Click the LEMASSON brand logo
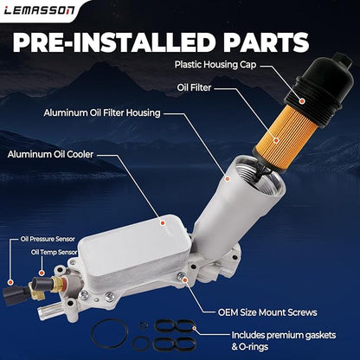(x=39, y=10)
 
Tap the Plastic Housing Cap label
(x=215, y=64)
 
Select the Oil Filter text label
(x=194, y=87)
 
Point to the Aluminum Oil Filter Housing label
(x=102, y=112)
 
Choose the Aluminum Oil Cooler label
(x=50, y=154)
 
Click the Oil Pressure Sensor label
(x=48, y=239)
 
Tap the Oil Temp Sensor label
(x=55, y=253)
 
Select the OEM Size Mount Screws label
(x=267, y=312)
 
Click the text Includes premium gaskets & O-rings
(x=284, y=341)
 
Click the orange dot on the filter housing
(x=228, y=179)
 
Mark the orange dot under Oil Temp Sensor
(x=42, y=273)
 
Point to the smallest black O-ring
(x=143, y=325)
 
